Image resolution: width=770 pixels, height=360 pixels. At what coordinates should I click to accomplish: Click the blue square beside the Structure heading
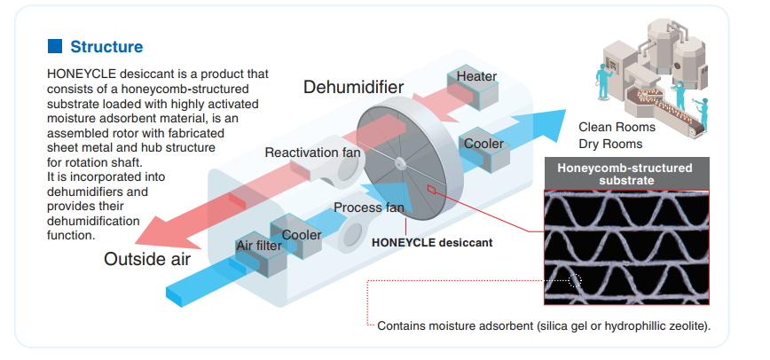tap(55, 45)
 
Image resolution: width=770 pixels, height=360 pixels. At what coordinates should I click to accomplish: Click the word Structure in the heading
tap(106, 46)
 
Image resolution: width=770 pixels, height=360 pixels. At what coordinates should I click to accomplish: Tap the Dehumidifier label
tap(353, 87)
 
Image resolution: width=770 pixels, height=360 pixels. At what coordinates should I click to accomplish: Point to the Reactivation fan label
tap(312, 153)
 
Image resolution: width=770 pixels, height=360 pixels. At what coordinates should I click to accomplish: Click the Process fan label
tap(369, 208)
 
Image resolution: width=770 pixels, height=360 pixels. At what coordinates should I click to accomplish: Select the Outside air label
tap(147, 259)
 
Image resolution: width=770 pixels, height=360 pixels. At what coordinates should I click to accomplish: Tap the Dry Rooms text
tap(610, 144)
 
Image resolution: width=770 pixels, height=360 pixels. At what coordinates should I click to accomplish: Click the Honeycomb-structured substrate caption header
tap(624, 173)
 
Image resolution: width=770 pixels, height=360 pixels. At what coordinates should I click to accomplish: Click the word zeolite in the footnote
tap(686, 325)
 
